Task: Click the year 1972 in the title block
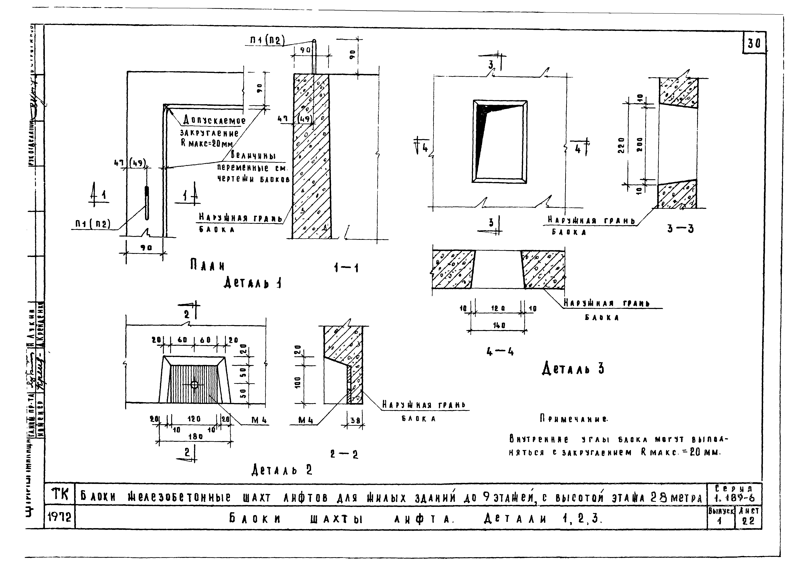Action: (59, 518)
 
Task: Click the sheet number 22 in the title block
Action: (748, 521)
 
